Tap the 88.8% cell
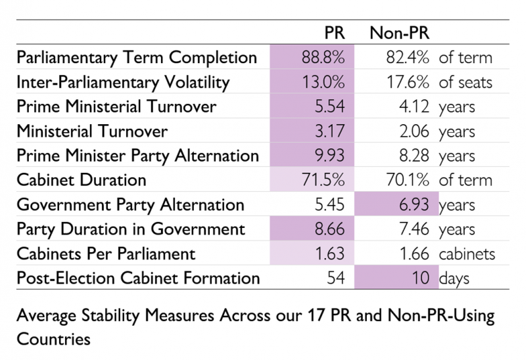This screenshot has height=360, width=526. click(x=323, y=57)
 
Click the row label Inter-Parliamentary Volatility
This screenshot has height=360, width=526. click(x=123, y=82)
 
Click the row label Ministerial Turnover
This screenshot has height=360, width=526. click(x=93, y=131)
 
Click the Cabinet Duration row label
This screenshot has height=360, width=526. click(x=82, y=180)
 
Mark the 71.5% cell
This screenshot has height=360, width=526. click(x=323, y=180)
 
